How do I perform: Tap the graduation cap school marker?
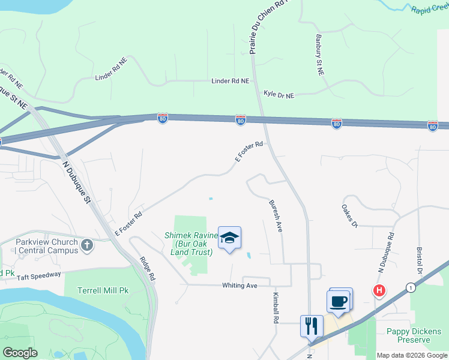coord(229,238)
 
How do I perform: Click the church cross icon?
coord(87,245)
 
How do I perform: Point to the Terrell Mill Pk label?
coord(103,290)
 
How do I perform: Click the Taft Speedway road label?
coord(38,275)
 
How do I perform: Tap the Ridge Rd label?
coord(148,269)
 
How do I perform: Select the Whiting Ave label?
coord(240,286)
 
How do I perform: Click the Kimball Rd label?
coord(276,308)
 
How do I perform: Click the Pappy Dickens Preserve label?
coord(414,335)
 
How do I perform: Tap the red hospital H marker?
coord(379,291)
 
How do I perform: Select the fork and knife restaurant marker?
coord(312,326)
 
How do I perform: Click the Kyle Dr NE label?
coord(279,95)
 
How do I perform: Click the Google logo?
coord(20,353)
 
